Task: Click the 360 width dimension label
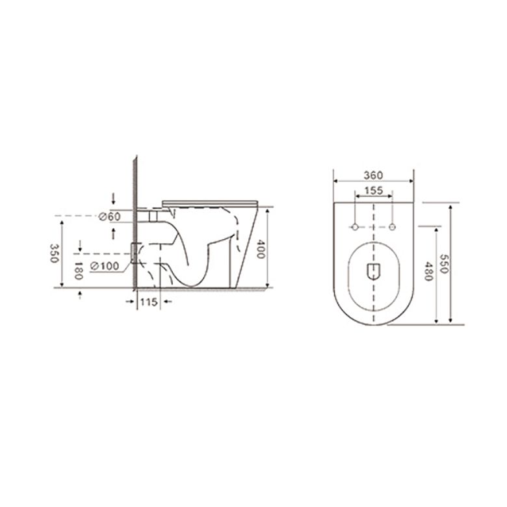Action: coord(373,175)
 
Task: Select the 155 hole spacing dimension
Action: coord(374,190)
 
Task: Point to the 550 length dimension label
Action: coord(443,263)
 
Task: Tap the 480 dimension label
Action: coord(428,271)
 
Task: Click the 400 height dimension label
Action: coord(260,249)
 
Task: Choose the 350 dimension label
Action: coord(54,253)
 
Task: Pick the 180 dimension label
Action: coord(79,270)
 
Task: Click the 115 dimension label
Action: coord(149,302)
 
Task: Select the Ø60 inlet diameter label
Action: coord(110,216)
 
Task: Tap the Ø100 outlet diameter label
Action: coord(105,266)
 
